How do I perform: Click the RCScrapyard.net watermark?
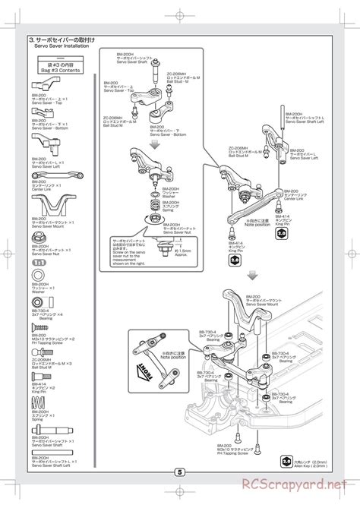click(293, 484)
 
